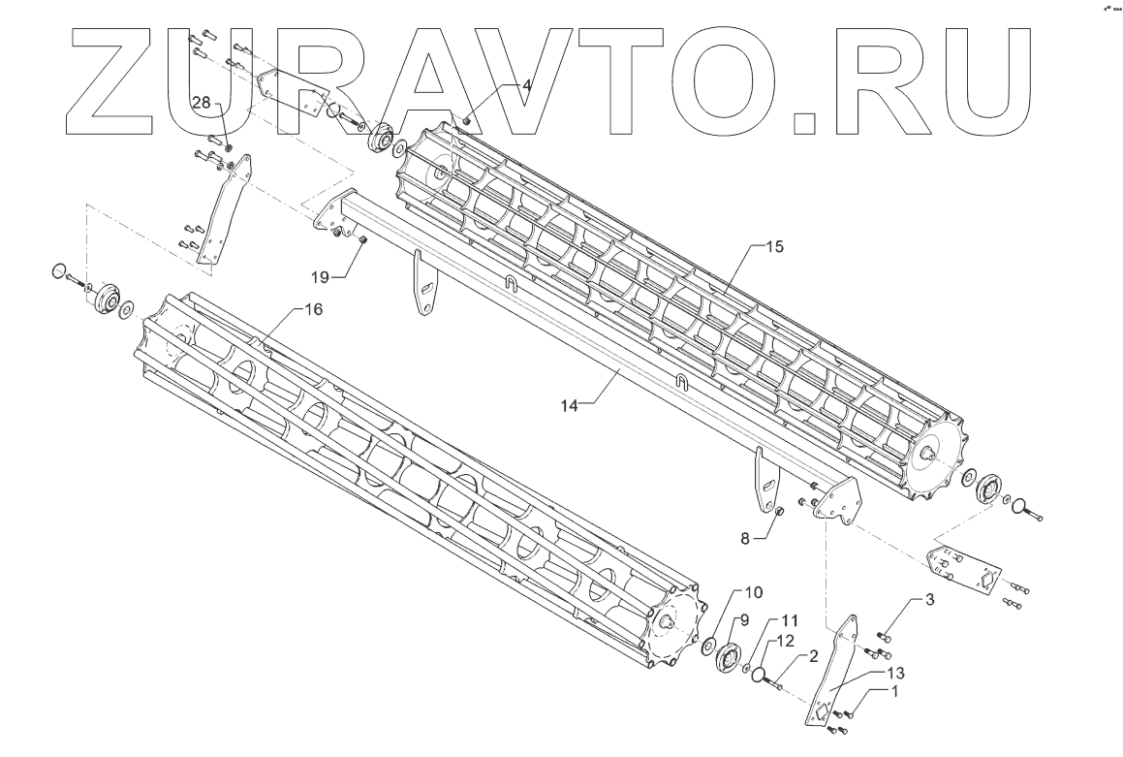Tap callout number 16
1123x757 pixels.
(313, 308)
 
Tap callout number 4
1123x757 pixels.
(526, 85)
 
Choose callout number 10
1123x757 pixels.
(754, 591)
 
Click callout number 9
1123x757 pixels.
(746, 619)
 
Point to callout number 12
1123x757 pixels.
(784, 641)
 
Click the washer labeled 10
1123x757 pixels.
(709, 645)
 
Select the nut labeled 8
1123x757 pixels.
(777, 511)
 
